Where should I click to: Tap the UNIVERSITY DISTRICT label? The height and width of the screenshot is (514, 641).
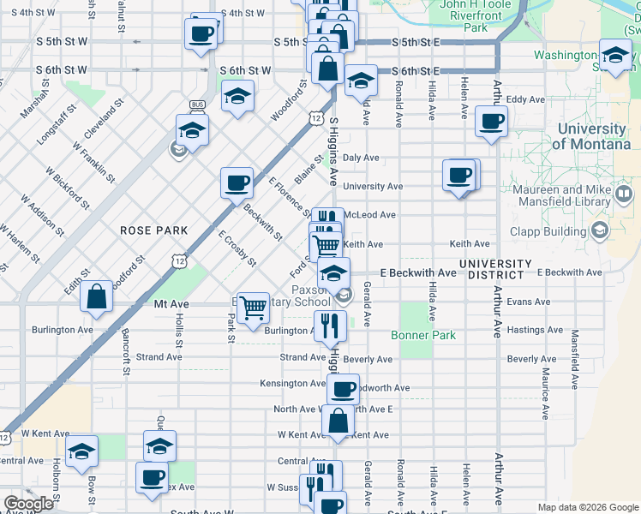click(x=502, y=269)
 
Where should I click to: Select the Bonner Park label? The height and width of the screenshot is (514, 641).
click(x=423, y=335)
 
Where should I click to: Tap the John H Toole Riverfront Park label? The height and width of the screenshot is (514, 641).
click(x=476, y=15)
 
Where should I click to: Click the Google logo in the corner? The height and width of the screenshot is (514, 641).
click(x=28, y=504)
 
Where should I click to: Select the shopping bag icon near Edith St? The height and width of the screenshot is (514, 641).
click(x=98, y=296)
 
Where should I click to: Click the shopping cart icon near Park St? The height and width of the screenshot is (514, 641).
click(x=253, y=308)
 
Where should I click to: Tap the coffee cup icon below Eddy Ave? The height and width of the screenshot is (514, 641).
click(x=491, y=122)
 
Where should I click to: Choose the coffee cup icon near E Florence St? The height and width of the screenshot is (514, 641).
click(x=237, y=182)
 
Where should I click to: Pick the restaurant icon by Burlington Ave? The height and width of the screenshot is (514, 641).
click(x=330, y=325)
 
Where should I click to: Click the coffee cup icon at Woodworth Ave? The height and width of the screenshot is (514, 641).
click(x=344, y=389)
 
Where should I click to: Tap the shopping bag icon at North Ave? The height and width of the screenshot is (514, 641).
click(x=338, y=420)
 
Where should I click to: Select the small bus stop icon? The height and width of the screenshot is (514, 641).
click(x=198, y=105)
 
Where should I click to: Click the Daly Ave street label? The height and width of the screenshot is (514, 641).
click(x=361, y=158)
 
